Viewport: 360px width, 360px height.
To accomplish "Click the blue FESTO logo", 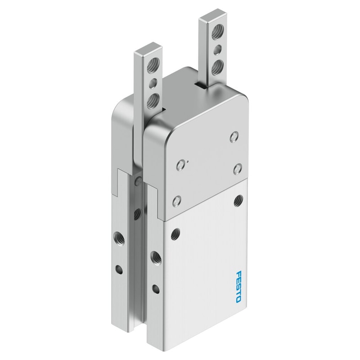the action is (x=238, y=287).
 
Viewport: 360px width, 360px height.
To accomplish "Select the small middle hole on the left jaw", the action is (x=152, y=84).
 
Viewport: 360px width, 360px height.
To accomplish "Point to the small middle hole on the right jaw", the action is (x=217, y=50).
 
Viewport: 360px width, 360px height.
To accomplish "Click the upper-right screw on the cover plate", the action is (x=234, y=137).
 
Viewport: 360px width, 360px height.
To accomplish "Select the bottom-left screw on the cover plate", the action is (x=176, y=201).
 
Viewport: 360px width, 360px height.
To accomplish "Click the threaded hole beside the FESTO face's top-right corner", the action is (x=239, y=200).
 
